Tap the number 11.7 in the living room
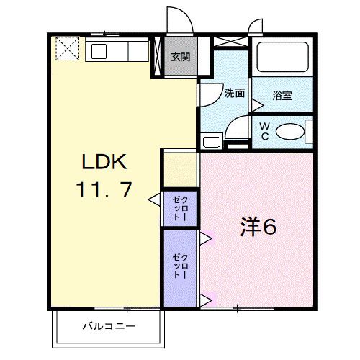[104, 191]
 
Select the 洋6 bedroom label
[257, 228]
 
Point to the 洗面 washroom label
[234, 93]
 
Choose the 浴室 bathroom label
[282, 94]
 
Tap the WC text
[264, 130]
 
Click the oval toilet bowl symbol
[290, 132]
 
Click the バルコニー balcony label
[109, 326]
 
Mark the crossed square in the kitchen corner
[68, 49]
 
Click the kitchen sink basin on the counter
[98, 51]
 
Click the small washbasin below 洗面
[211, 140]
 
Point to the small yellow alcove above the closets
[180, 170]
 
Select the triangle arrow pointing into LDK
[154, 199]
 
